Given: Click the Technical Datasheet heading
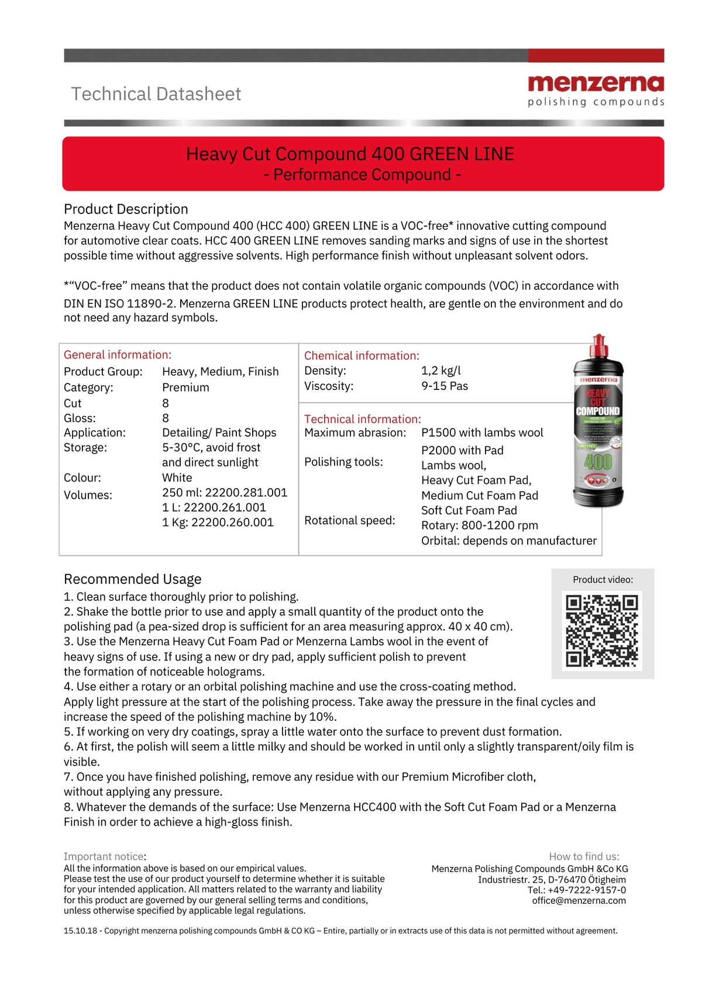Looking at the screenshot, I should (156, 94).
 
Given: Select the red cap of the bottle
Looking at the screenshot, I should (598, 345).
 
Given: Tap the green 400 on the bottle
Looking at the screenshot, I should (598, 462).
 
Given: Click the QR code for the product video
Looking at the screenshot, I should (602, 630).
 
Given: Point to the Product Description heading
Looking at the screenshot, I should (126, 209).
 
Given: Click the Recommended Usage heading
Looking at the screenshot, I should (132, 579).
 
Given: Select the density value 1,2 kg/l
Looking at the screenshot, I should (441, 371).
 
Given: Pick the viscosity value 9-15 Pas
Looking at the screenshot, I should (445, 386).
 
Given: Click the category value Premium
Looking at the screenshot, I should (185, 387).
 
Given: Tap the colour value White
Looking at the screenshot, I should (177, 478).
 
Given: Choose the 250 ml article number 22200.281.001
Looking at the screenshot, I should (225, 493).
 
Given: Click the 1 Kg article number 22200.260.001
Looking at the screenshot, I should (218, 522).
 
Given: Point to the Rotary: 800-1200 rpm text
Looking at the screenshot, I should (479, 526).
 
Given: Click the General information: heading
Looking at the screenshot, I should (118, 355).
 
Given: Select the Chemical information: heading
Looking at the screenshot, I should (362, 355).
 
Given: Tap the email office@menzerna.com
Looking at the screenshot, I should (579, 900).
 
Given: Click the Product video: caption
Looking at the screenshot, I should (603, 580).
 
